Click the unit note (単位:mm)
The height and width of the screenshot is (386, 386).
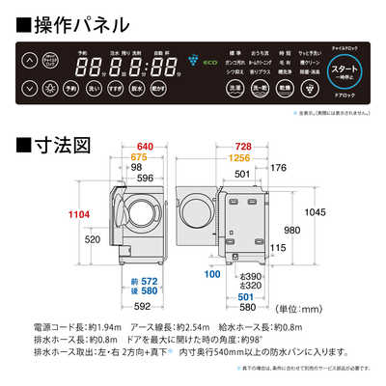click(311, 310)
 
